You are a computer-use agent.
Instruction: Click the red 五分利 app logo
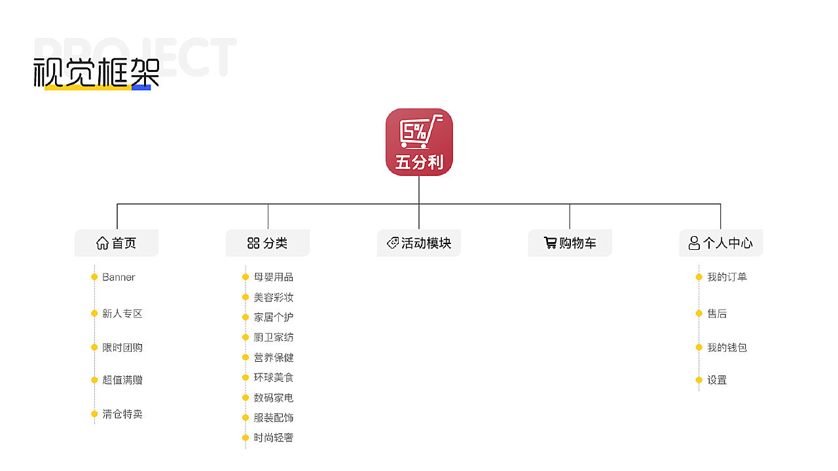(x=419, y=142)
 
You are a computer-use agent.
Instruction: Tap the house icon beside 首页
(x=102, y=243)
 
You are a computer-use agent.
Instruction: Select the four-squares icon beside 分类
(x=253, y=243)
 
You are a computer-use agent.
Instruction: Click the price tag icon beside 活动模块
(x=392, y=243)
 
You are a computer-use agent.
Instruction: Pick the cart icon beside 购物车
(x=550, y=243)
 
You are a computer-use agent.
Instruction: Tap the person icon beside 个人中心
(x=694, y=243)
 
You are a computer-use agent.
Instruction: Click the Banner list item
(x=118, y=277)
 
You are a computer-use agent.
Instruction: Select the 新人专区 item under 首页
(x=122, y=313)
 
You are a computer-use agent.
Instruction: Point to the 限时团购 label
(x=122, y=347)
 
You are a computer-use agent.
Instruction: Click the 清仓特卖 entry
(x=122, y=414)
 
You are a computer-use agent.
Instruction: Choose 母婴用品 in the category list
(x=274, y=277)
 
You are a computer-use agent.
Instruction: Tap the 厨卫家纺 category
(x=274, y=338)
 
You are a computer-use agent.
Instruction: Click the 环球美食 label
(x=274, y=377)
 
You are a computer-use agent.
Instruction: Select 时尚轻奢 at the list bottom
(x=274, y=438)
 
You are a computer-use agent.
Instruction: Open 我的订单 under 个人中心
(x=727, y=277)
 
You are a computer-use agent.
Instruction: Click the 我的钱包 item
(x=727, y=347)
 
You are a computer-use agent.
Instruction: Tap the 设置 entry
(x=717, y=380)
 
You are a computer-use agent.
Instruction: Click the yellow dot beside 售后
(x=699, y=313)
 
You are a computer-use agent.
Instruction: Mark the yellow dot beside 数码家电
(x=246, y=398)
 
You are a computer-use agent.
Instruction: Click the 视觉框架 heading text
(x=96, y=73)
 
